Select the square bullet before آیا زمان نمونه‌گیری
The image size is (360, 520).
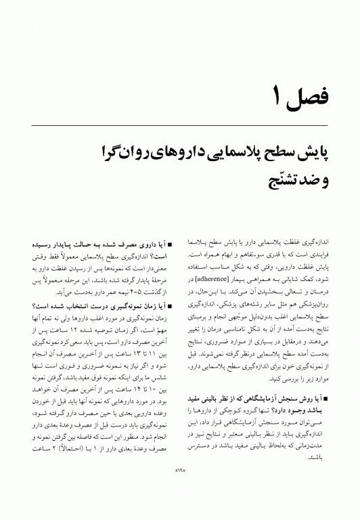click(x=170, y=306)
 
